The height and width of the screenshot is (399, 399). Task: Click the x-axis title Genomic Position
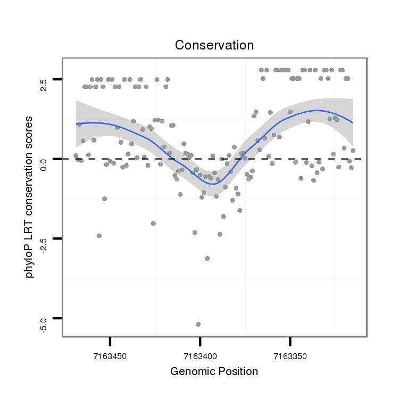(214, 371)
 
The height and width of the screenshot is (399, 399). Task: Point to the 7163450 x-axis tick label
(110, 354)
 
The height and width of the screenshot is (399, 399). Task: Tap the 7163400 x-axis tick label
(199, 354)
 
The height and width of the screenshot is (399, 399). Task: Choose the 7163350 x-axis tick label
(290, 354)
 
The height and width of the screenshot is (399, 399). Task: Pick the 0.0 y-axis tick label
(44, 159)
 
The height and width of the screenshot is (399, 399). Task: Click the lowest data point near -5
(198, 324)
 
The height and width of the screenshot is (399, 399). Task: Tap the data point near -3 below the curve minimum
(207, 258)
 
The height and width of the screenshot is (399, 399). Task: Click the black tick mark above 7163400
(199, 340)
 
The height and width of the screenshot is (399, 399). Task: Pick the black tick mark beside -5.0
(57, 318)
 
